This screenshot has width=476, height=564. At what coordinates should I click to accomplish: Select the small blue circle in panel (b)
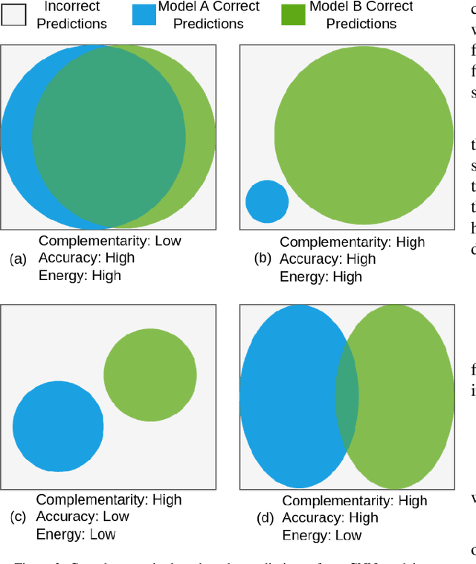tap(267, 201)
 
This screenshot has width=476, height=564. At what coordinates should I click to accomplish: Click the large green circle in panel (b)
tap(364, 136)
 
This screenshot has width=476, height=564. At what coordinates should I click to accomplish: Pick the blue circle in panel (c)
tap(58, 425)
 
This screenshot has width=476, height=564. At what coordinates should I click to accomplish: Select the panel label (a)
tap(18, 259)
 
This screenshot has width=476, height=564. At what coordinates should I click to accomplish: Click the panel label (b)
tap(263, 259)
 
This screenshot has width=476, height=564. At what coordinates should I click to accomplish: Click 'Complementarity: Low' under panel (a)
tap(109, 241)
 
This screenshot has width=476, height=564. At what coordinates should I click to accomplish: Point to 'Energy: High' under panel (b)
tap(321, 277)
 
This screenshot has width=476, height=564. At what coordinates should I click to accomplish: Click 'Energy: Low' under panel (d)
tap(322, 535)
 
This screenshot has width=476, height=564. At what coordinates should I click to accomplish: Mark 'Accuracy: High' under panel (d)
tap(330, 518)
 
